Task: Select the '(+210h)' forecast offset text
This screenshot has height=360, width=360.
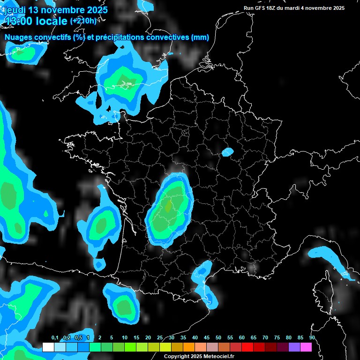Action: click(x=83, y=21)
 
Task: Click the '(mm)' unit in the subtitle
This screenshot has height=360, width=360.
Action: click(x=200, y=37)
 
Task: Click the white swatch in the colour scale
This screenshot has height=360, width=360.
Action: click(x=48, y=347)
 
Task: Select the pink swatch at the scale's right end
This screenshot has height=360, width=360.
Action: click(x=306, y=347)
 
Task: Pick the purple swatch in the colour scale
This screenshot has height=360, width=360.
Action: click(x=294, y=347)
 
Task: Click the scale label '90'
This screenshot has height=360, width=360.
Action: click(x=312, y=338)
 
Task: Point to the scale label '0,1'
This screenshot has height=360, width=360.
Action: click(x=55, y=338)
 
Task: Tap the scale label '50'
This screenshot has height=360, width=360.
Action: click(x=218, y=338)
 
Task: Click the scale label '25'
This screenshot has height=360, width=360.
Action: click(x=160, y=338)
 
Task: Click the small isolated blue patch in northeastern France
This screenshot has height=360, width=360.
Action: click(x=228, y=152)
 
